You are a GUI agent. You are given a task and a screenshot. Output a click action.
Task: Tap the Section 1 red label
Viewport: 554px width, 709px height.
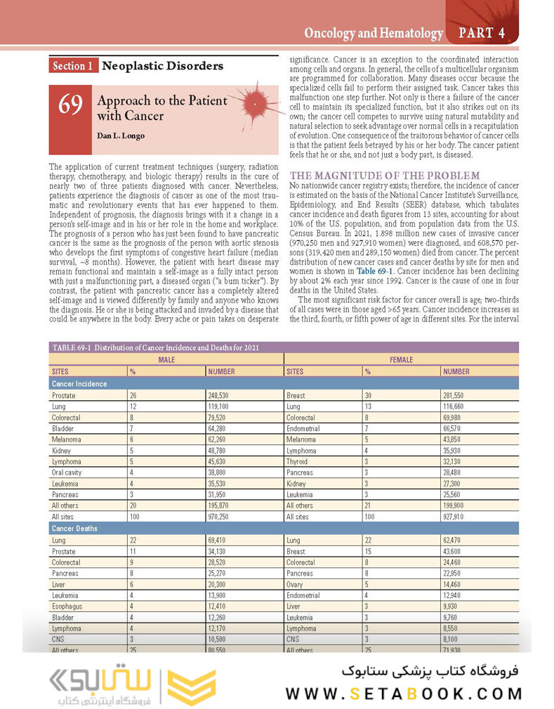pos(73,66)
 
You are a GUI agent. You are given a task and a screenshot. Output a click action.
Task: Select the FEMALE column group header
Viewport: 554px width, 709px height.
pos(401,359)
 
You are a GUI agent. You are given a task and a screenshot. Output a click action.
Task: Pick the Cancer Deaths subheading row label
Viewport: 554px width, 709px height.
pos(75,528)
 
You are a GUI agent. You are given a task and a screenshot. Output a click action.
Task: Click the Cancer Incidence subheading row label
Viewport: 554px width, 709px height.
pos(79,384)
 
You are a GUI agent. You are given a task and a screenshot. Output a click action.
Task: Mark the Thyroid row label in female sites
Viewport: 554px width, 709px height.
pos(297,461)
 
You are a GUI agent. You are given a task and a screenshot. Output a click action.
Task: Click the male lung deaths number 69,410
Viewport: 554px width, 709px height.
pos(221,541)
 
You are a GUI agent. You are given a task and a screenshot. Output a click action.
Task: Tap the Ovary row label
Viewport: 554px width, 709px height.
pos(296,584)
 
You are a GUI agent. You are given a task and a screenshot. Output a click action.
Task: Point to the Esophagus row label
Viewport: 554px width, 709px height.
pos(67,606)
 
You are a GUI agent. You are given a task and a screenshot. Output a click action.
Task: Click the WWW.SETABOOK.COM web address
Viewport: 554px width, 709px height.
pos(404,694)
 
